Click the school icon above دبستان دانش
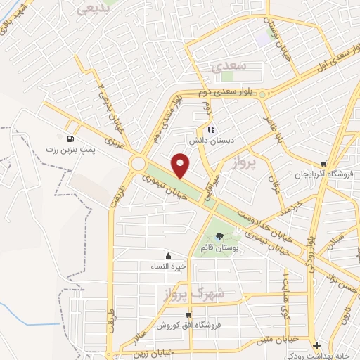(x=210, y=129)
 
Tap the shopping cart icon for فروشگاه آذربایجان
(x=323, y=162)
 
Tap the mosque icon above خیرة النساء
(x=167, y=257)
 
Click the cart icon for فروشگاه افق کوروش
(x=188, y=315)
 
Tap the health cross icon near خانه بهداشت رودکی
(x=317, y=345)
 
